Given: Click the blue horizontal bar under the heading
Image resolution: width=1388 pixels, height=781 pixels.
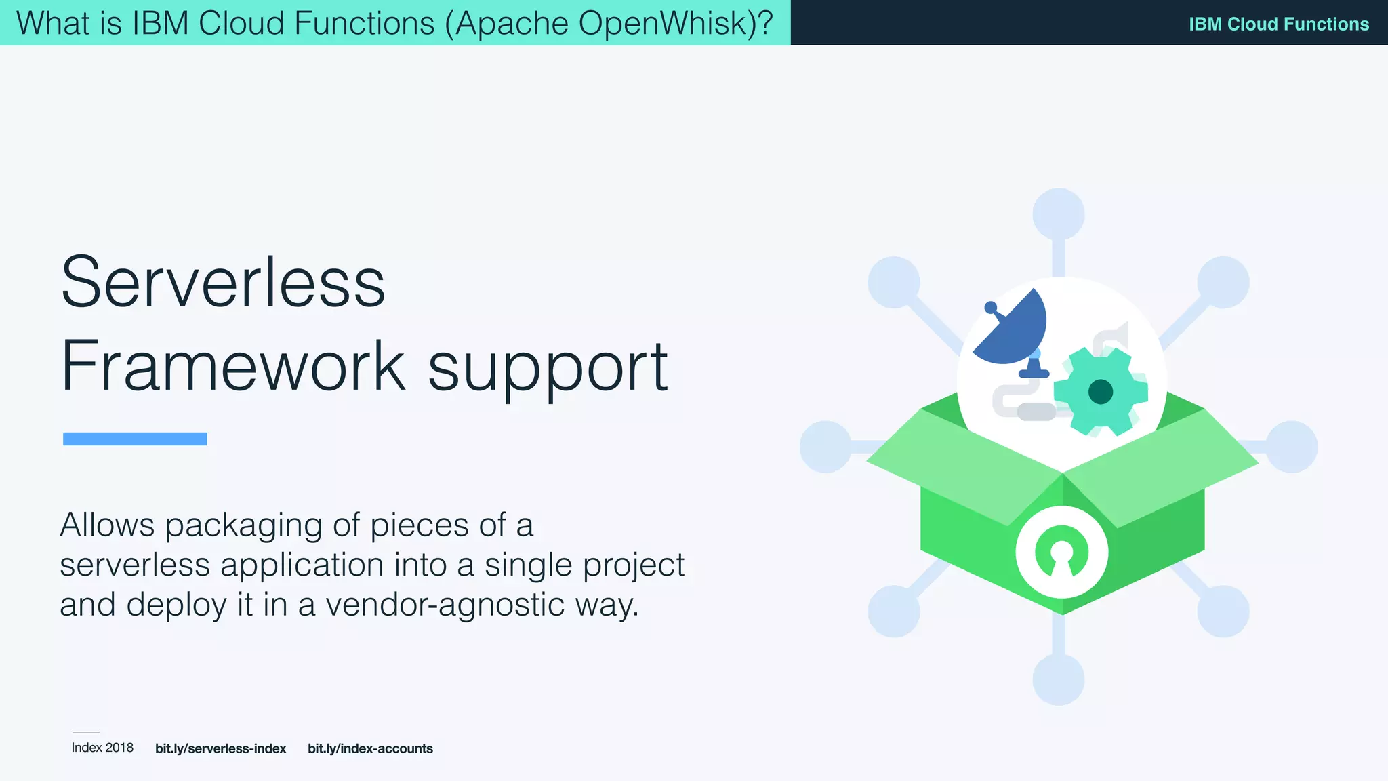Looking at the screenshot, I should [135, 439].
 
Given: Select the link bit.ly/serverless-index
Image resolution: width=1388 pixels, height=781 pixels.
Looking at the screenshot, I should [220, 748].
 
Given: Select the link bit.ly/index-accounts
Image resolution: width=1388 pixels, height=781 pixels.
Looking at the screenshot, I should [370, 748].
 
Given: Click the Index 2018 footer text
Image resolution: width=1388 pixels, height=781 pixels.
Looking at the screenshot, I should [102, 748].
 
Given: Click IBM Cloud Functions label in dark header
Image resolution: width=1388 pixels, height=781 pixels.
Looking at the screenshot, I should [1278, 24].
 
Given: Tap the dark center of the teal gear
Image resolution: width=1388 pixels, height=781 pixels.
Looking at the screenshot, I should [1100, 392].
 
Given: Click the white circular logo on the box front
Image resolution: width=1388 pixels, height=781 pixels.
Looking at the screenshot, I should [1061, 553].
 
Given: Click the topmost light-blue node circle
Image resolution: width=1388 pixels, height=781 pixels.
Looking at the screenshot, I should [1058, 214].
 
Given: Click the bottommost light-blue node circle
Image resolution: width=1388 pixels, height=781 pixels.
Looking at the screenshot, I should [1058, 679].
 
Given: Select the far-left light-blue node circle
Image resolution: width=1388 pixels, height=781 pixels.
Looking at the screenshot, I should [825, 447].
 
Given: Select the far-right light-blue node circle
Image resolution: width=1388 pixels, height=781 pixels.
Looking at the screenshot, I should [1291, 447].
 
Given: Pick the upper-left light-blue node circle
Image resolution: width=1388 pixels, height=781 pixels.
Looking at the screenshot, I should [893, 282].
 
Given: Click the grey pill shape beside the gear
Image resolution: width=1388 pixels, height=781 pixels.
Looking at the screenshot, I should [1036, 411].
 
